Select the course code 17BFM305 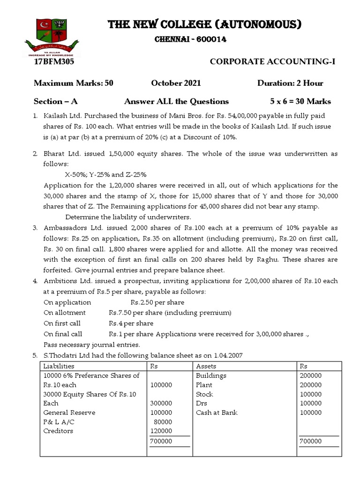54,61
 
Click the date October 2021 176,83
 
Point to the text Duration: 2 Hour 290,83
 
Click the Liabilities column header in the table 59,366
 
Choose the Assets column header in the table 206,366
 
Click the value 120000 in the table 161,431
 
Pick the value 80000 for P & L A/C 163,422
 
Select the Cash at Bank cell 217,412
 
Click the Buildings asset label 211,375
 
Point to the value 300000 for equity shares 161,403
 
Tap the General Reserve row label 69,412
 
